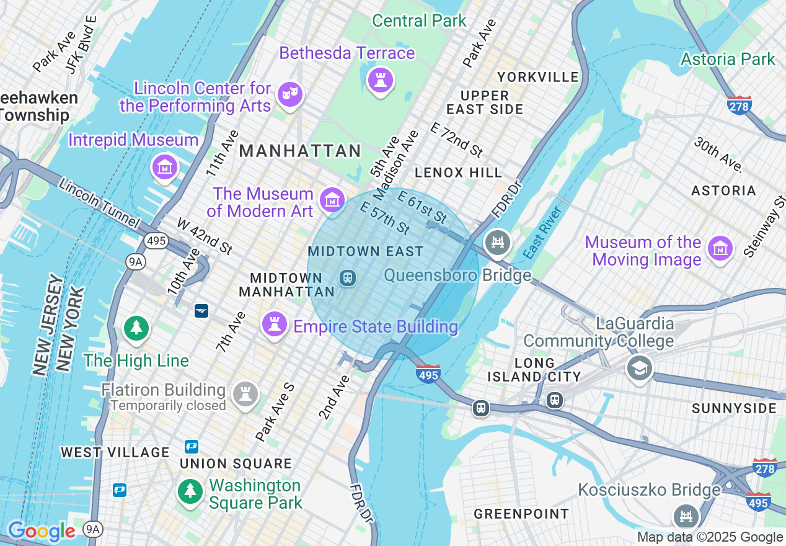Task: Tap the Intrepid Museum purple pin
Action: click(165, 167)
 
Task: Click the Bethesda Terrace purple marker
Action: click(380, 80)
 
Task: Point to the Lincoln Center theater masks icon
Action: click(290, 95)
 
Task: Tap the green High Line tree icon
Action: click(136, 328)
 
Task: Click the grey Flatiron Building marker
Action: click(245, 393)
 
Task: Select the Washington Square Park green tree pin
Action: click(191, 491)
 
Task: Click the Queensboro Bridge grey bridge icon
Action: click(498, 243)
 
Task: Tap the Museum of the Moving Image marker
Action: click(720, 249)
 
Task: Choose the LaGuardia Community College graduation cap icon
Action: click(639, 368)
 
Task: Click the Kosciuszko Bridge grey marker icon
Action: click(686, 516)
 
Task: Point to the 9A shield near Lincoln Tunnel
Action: click(135, 262)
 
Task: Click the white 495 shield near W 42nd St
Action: click(157, 240)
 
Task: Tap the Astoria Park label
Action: click(728, 60)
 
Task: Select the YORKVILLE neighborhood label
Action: click(538, 78)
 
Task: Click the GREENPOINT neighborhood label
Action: click(521, 514)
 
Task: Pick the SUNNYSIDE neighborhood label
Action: click(734, 408)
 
